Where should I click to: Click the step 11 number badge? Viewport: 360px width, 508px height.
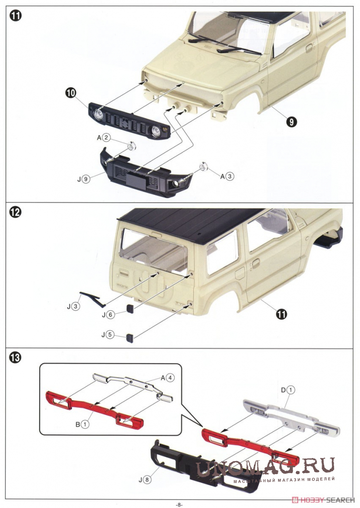pyautogui.click(x=15, y=15)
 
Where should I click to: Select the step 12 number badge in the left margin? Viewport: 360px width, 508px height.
pyautogui.click(x=15, y=213)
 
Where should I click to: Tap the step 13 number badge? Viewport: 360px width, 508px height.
pyautogui.click(x=15, y=358)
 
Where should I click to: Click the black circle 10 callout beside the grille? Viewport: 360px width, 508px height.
pyautogui.click(x=70, y=93)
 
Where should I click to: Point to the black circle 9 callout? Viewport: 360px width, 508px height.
pyautogui.click(x=292, y=122)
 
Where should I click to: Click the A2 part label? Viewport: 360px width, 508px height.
pyautogui.click(x=104, y=138)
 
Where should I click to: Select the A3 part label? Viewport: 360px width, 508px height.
pyautogui.click(x=227, y=176)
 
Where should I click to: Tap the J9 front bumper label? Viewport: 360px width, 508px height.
pyautogui.click(x=83, y=178)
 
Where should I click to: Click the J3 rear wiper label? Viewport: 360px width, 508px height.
pyautogui.click(x=73, y=306)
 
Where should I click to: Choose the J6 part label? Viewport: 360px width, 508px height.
pyautogui.click(x=108, y=315)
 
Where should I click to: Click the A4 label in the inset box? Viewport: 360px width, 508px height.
pyautogui.click(x=168, y=378)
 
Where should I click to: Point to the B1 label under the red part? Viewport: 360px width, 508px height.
pyautogui.click(x=82, y=424)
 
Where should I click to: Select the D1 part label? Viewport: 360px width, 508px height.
pyautogui.click(x=288, y=390)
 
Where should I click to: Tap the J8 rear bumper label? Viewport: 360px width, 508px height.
pyautogui.click(x=145, y=480)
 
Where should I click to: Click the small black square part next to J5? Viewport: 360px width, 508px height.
pyautogui.click(x=130, y=338)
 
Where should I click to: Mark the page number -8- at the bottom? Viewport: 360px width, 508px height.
pyautogui.click(x=179, y=505)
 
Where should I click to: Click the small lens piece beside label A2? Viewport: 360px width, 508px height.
pyautogui.click(x=131, y=146)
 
